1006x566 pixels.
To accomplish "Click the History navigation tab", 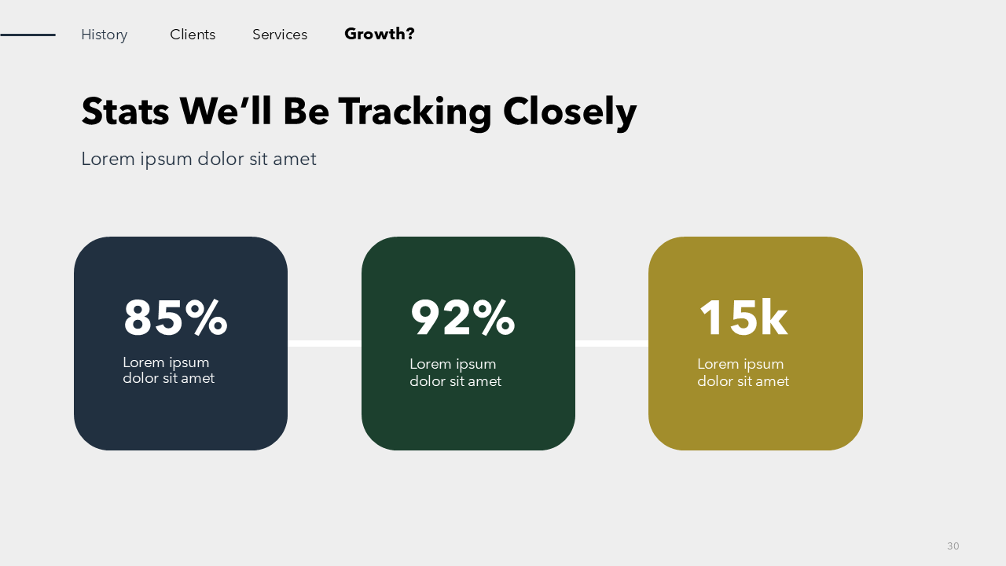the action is pyautogui.click(x=105, y=35).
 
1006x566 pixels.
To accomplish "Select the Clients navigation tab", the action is pyautogui.click(x=193, y=35).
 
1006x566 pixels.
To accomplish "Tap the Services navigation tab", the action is pyautogui.click(x=280, y=35).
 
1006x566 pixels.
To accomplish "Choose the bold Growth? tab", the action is pyautogui.click(x=380, y=34).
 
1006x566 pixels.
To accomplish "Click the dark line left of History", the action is pyautogui.click(x=28, y=35).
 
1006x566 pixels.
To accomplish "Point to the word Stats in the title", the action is pyautogui.click(x=125, y=111).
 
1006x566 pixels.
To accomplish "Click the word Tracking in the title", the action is pyautogui.click(x=415, y=113).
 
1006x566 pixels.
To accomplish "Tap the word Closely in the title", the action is pyautogui.click(x=570, y=113).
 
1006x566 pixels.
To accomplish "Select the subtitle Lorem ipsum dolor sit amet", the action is pyautogui.click(x=199, y=159).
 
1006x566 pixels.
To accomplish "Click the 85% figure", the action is pyautogui.click(x=175, y=318).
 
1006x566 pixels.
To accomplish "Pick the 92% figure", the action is pyautogui.click(x=463, y=318).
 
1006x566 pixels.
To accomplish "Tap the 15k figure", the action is pyautogui.click(x=743, y=318).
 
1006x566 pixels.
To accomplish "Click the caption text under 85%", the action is pyautogui.click(x=168, y=370).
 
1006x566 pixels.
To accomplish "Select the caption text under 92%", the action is pyautogui.click(x=455, y=373).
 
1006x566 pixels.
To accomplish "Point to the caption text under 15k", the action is pyautogui.click(x=743, y=373).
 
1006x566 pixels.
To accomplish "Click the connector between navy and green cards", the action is pyautogui.click(x=325, y=344).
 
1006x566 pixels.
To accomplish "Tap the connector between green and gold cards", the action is pyautogui.click(x=611, y=344).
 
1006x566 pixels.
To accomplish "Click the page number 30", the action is pyautogui.click(x=953, y=546).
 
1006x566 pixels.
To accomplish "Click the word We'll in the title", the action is pyautogui.click(x=226, y=111).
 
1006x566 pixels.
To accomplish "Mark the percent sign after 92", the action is pyautogui.click(x=494, y=318).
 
